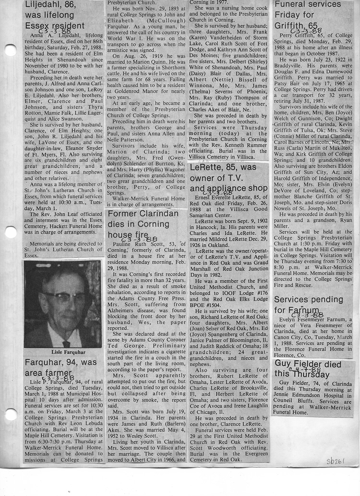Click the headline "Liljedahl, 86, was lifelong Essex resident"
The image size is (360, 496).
click(56, 15)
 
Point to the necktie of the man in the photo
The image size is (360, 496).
click(66, 344)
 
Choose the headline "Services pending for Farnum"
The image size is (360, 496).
click(308, 304)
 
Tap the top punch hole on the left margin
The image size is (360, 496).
click(9, 49)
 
